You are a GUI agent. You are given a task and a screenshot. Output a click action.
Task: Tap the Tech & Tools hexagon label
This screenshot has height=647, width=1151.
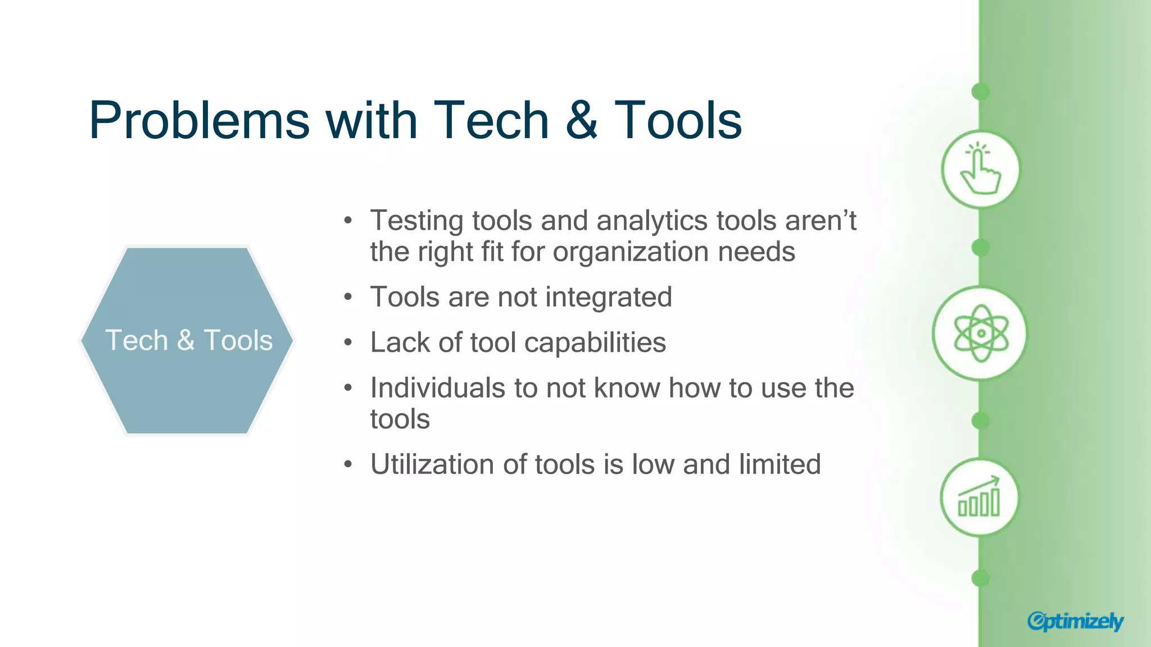pyautogui.click(x=188, y=340)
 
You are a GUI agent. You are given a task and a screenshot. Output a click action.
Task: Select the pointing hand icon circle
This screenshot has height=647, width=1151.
pyautogui.click(x=980, y=169)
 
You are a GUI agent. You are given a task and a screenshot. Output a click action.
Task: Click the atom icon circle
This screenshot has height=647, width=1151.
pyautogui.click(x=980, y=334)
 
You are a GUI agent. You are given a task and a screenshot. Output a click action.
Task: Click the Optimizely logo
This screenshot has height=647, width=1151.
pyautogui.click(x=1075, y=621)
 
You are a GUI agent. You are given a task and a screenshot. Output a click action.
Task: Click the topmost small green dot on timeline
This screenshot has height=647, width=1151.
pyautogui.click(x=980, y=92)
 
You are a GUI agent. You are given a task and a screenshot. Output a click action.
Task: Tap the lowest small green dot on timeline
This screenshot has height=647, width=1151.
pyautogui.click(x=980, y=578)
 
